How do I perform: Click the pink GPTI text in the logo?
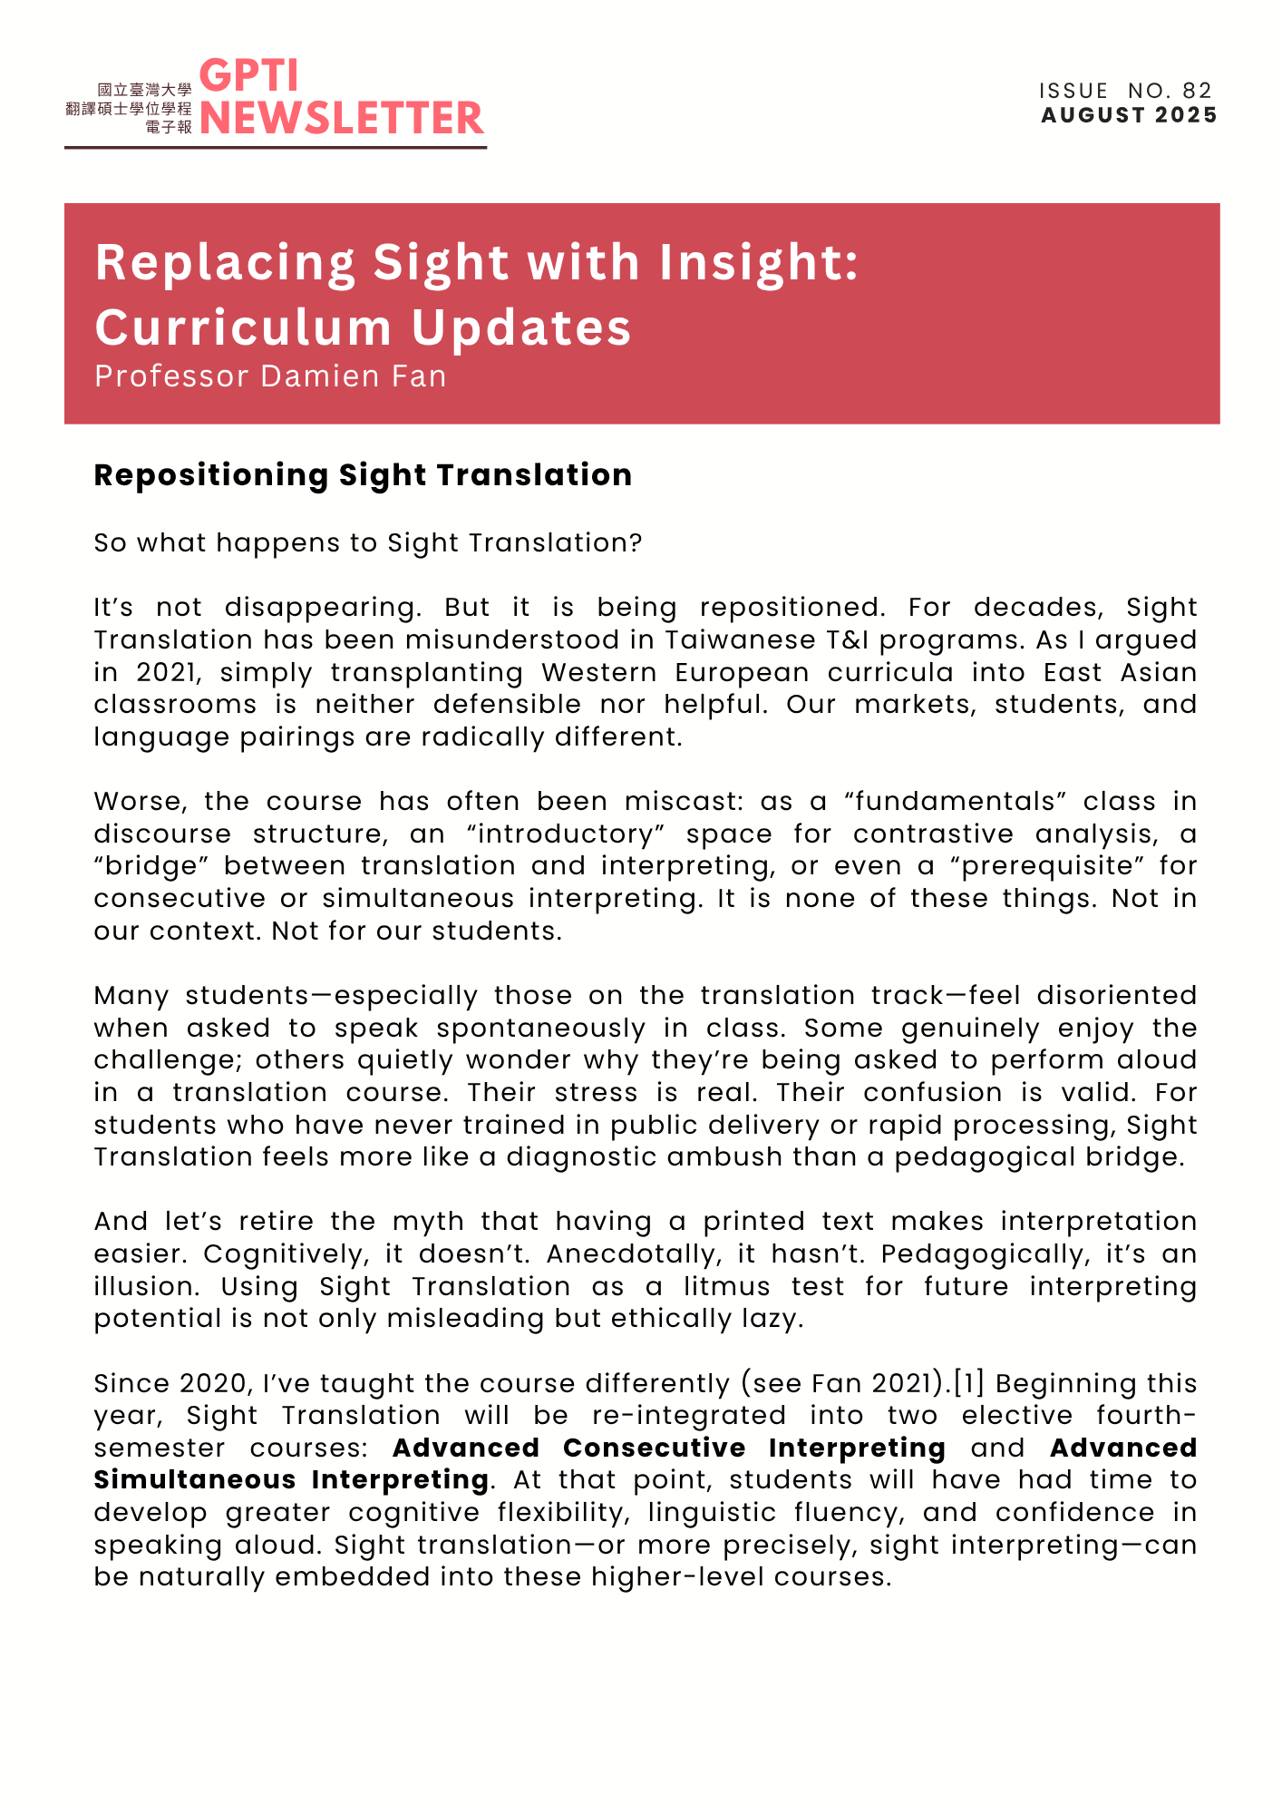point(248,76)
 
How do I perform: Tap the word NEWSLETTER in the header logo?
point(342,119)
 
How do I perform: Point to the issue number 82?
point(1197,91)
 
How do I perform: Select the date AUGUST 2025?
point(1129,115)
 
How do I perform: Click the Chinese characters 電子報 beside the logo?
point(169,127)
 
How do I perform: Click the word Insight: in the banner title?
point(758,263)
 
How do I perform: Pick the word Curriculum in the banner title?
point(245,327)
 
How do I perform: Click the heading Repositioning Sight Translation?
point(363,475)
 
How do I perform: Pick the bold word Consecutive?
point(654,1448)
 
